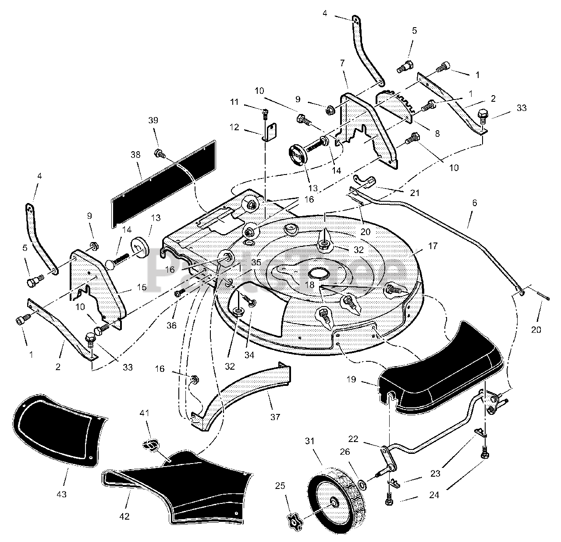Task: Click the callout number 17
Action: (x=433, y=246)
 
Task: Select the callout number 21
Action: (x=415, y=193)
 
